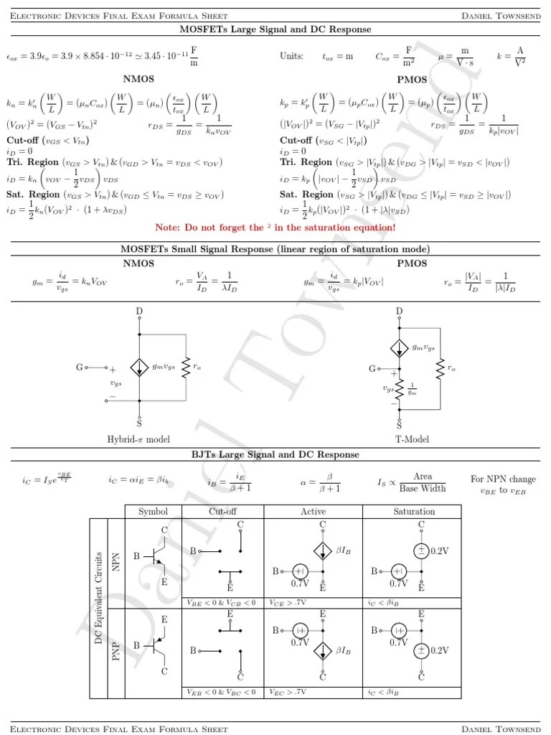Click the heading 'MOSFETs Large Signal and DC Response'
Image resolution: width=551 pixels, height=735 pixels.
coord(275,29)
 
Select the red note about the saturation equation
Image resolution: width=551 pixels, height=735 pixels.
coord(275,228)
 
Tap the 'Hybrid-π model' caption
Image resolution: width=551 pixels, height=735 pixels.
coord(138,439)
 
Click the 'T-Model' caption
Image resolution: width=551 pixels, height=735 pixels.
coord(412,439)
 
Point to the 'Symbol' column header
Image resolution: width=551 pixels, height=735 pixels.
coord(153,512)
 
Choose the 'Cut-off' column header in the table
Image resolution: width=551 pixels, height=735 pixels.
coord(222,512)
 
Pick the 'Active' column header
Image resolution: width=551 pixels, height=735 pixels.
coord(313,512)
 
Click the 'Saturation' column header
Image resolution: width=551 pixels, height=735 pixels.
coord(414,512)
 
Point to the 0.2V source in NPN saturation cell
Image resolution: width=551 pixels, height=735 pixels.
coord(421,551)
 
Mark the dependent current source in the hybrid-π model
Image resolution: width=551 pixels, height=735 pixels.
coord(139,367)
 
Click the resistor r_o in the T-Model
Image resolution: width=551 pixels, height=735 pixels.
coord(439,367)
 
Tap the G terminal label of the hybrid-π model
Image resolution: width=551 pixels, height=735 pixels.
coord(80,367)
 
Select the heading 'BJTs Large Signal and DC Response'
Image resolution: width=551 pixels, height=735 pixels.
coord(275,454)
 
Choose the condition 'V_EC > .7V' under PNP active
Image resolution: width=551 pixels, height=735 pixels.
coord(287,693)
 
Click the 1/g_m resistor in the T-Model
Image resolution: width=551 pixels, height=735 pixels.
coord(400,388)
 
